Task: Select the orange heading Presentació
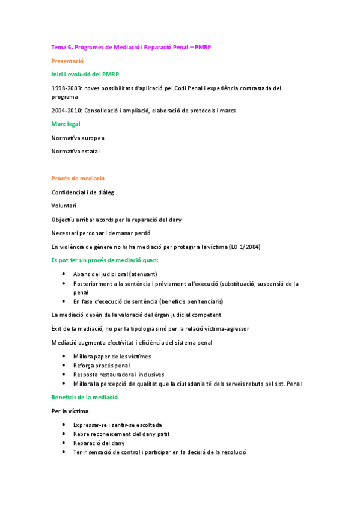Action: pyautogui.click(x=67, y=61)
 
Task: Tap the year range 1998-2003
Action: pyautogui.click(x=67, y=88)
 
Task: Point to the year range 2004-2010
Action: pyautogui.click(x=67, y=111)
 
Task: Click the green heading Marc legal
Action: pyautogui.click(x=66, y=124)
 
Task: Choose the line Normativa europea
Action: pyautogui.click(x=78, y=138)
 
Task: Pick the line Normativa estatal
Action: pyautogui.click(x=76, y=151)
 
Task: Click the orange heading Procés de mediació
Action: pyautogui.click(x=78, y=179)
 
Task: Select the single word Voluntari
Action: pyautogui.click(x=64, y=206)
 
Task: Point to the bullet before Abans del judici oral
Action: pyautogui.click(x=64, y=274)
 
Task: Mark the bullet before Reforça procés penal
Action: pyautogui.click(x=64, y=366)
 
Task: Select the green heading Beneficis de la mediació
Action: pyautogui.click(x=85, y=397)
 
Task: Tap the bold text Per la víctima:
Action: pyautogui.click(x=71, y=411)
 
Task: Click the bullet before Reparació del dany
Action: pyautogui.click(x=64, y=443)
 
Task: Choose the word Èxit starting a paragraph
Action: pyautogui.click(x=58, y=329)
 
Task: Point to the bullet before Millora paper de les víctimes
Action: pyautogui.click(x=64, y=357)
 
